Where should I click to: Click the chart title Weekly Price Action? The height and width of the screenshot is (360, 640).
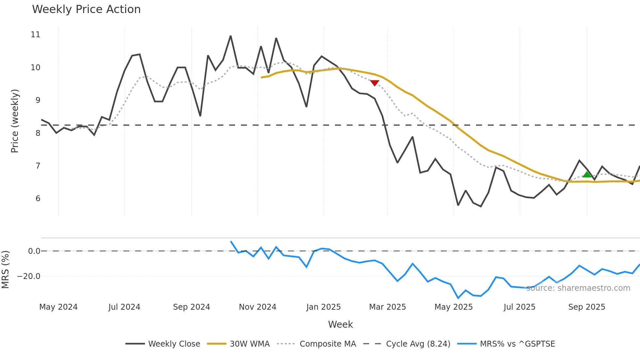point(86,9)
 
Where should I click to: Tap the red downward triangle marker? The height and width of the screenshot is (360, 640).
point(375,83)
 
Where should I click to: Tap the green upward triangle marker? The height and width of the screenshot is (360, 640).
point(587,174)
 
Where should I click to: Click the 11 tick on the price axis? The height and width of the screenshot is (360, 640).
point(35,35)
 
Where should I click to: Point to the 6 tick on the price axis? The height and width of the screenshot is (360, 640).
point(38,199)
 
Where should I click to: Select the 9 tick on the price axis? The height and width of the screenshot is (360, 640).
point(38,100)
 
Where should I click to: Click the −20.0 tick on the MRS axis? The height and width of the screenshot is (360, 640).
point(29,276)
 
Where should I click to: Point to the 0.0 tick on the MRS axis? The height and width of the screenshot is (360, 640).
point(34,251)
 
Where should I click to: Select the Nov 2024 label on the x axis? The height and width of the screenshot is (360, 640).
point(257,307)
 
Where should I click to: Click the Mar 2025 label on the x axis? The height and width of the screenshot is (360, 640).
point(387,307)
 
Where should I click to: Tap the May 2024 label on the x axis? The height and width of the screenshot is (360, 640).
point(58,307)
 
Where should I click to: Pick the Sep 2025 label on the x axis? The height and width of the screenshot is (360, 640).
point(586,307)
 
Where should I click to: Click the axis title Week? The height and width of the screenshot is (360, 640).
point(340,324)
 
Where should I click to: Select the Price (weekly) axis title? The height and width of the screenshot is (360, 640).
point(15,121)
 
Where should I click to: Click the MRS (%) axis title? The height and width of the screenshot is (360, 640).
point(5,270)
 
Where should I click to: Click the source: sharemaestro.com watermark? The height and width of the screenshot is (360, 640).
point(578,288)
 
